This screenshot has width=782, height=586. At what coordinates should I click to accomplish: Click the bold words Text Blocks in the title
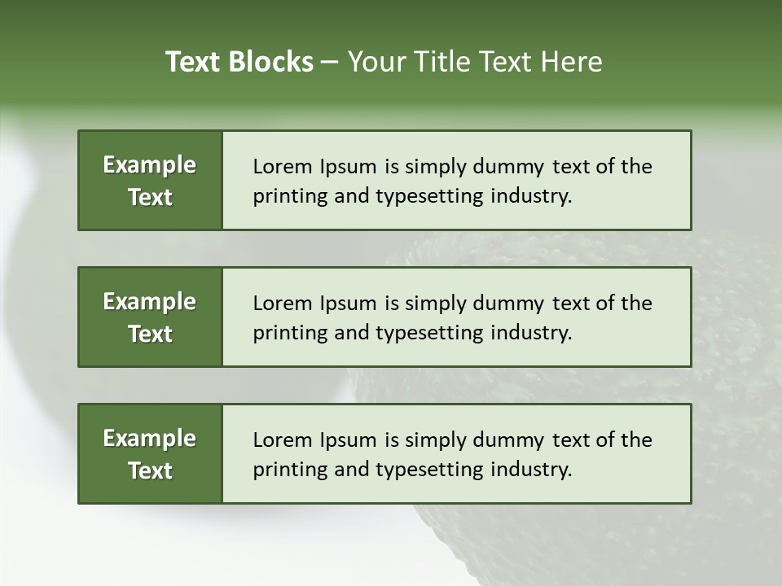(x=239, y=62)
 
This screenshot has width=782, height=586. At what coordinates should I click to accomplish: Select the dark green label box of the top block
(x=150, y=180)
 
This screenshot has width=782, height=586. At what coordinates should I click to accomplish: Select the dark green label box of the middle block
(x=150, y=317)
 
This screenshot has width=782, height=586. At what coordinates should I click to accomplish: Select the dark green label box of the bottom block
(x=150, y=453)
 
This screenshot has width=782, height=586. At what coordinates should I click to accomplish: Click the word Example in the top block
(x=150, y=165)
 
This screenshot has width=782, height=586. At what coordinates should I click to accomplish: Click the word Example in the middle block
(x=150, y=302)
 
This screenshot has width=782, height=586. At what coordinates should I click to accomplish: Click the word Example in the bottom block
(x=150, y=439)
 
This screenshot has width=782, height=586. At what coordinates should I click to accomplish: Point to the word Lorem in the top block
(x=281, y=167)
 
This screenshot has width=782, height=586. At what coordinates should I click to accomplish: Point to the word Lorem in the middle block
(x=281, y=304)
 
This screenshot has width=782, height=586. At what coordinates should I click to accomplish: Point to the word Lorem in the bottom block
(x=281, y=440)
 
